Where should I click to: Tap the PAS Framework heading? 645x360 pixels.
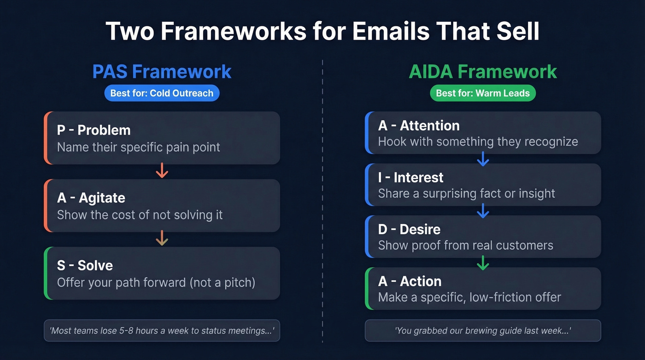click(162, 72)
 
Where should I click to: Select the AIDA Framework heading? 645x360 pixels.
click(483, 72)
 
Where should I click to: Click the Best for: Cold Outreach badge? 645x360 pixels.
click(162, 93)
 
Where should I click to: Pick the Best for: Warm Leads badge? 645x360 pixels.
click(483, 93)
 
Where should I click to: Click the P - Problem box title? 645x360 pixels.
click(94, 130)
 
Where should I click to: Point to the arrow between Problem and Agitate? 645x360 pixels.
click(162, 172)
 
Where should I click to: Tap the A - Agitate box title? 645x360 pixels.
click(91, 198)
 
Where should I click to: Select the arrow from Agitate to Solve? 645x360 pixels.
click(162, 239)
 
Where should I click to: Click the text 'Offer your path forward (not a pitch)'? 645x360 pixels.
click(156, 282)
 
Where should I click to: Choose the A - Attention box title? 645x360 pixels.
click(419, 125)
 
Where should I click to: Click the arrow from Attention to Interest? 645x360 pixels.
click(483, 159)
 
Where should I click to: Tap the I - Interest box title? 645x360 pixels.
click(411, 177)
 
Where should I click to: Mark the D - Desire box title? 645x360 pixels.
click(409, 229)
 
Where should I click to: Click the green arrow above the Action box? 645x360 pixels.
click(483, 263)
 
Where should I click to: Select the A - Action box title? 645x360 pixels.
click(410, 281)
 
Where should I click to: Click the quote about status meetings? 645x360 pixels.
click(162, 330)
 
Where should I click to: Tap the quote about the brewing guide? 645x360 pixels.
click(483, 330)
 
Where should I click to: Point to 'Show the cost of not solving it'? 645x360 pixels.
click(140, 215)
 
